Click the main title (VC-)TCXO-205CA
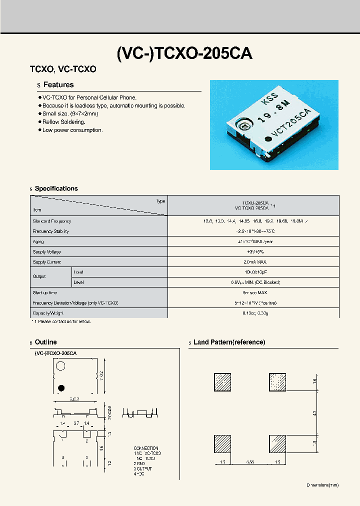click(x=184, y=53)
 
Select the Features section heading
click(x=58, y=85)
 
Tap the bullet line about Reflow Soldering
click(x=63, y=122)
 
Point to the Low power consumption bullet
click(x=72, y=130)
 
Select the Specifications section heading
click(x=56, y=188)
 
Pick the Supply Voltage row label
click(x=47, y=252)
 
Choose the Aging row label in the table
click(x=38, y=241)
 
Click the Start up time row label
click(x=45, y=292)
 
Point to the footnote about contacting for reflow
click(x=60, y=321)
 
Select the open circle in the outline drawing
click(x=60, y=366)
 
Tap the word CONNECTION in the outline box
click(x=146, y=448)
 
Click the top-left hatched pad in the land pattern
click(x=223, y=382)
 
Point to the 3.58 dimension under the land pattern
click(x=250, y=462)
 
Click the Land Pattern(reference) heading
click(x=229, y=342)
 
